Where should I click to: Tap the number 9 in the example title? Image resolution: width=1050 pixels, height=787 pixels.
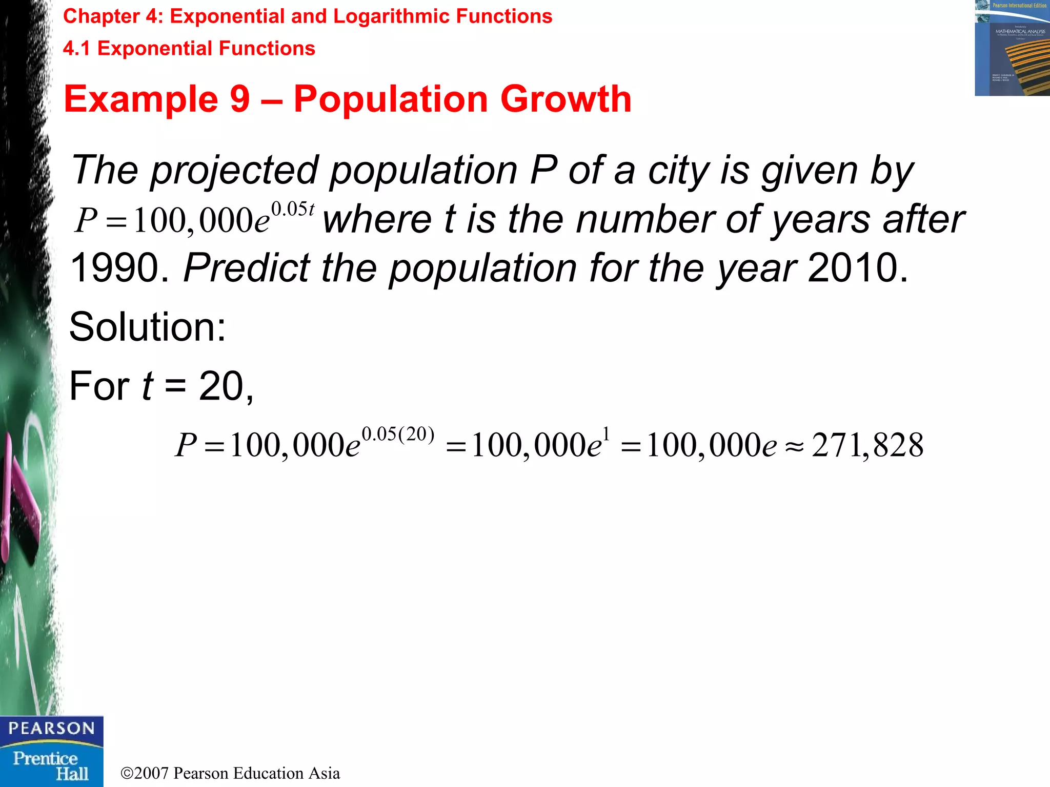[x=239, y=99]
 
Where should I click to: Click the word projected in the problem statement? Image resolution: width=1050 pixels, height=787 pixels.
[x=234, y=171]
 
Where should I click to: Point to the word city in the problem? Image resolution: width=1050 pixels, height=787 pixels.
[x=678, y=171]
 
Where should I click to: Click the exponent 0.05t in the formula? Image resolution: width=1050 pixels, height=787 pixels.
[x=292, y=209]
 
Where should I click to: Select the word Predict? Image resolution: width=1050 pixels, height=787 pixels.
[x=247, y=268]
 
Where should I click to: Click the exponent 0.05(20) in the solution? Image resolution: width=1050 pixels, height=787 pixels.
[x=398, y=434]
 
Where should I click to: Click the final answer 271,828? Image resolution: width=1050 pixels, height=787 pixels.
[x=867, y=445]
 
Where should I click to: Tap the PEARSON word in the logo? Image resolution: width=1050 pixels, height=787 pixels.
[x=51, y=728]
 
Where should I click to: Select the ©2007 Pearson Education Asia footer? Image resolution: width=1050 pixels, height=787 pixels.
[x=230, y=773]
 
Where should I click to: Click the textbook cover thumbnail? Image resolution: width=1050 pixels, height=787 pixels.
[x=1012, y=48]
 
